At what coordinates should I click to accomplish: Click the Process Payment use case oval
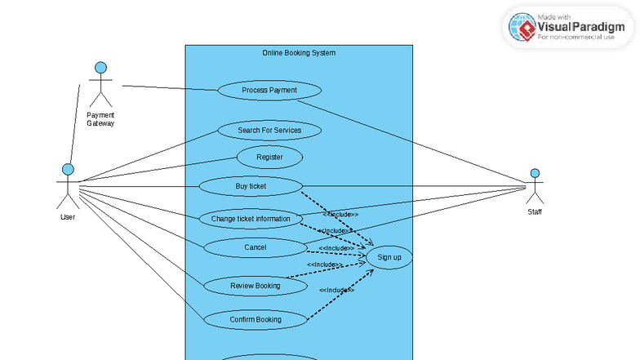coord(269,90)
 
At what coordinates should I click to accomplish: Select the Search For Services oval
coord(269,130)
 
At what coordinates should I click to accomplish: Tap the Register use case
coord(269,157)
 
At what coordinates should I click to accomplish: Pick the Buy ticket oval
coord(251,186)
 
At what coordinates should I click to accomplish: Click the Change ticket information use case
coord(251,219)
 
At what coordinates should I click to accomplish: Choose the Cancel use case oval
coord(255,247)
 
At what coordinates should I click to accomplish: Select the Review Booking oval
coord(255,286)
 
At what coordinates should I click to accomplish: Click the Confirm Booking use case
coord(255,319)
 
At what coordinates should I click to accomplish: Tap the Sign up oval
coord(389,258)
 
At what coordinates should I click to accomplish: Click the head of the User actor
coord(68,169)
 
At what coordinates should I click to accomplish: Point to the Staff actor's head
coord(535,173)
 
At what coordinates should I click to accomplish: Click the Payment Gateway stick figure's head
coord(100,67)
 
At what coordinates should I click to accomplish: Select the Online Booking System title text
coord(299,53)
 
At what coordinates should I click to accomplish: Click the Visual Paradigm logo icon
coord(522,27)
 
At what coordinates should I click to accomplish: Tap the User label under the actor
coord(68,217)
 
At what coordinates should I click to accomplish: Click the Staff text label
coord(535,212)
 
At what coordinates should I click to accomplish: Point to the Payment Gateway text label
coord(100,119)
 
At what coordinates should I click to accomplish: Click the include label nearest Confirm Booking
coord(336,290)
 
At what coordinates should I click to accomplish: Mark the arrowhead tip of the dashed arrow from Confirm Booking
coord(374,269)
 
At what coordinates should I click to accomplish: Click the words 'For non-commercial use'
coord(576,37)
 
